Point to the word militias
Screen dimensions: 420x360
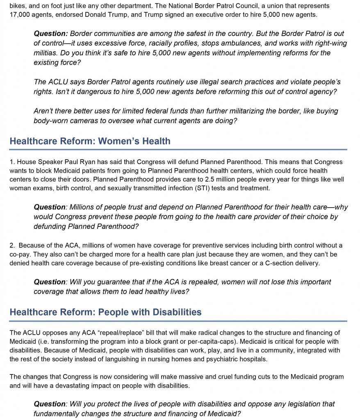pyautogui.click(x=46, y=53)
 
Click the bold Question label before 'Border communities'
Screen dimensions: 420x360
pyautogui.click(x=50, y=34)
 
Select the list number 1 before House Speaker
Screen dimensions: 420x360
pyautogui.click(x=11, y=162)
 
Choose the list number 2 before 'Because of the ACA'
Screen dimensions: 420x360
pyautogui.click(x=12, y=246)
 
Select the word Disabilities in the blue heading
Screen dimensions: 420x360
pyautogui.click(x=177, y=313)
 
